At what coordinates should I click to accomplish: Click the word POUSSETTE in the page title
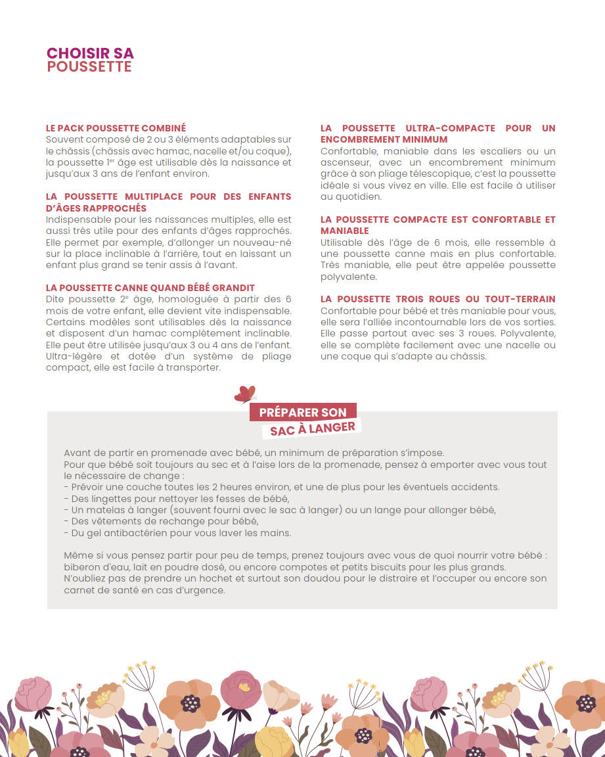tap(89, 67)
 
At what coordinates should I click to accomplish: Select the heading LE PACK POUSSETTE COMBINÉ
tap(116, 128)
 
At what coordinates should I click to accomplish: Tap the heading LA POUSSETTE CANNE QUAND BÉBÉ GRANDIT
tap(150, 288)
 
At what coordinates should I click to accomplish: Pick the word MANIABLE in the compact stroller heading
tap(345, 231)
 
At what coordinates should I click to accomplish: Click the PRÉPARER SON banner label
tap(303, 413)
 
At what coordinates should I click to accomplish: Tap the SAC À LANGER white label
tap(313, 428)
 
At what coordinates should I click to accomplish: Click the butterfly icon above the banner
tap(245, 394)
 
